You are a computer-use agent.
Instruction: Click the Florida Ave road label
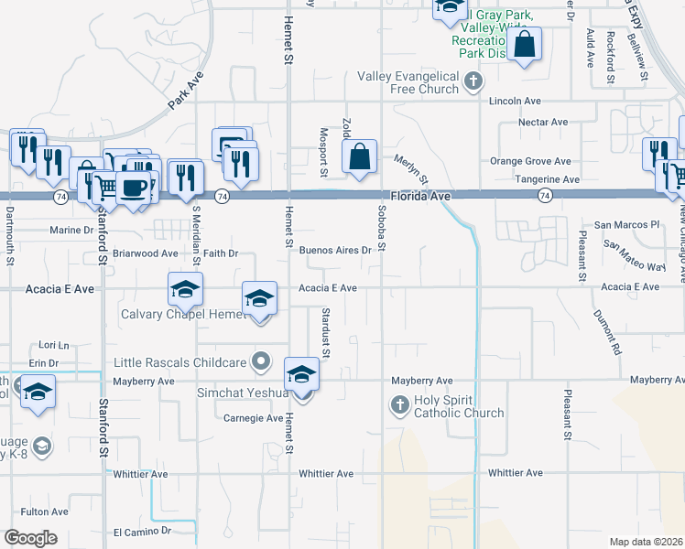419,196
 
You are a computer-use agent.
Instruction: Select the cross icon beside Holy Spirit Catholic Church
399,404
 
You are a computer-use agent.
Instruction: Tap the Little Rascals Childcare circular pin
262,361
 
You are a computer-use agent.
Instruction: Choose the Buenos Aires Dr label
335,250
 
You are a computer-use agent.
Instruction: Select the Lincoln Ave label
515,101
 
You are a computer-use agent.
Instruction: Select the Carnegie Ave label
254,418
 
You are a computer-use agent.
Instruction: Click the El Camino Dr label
142,531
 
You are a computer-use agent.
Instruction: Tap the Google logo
30,538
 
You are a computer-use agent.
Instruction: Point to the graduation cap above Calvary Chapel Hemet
185,290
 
